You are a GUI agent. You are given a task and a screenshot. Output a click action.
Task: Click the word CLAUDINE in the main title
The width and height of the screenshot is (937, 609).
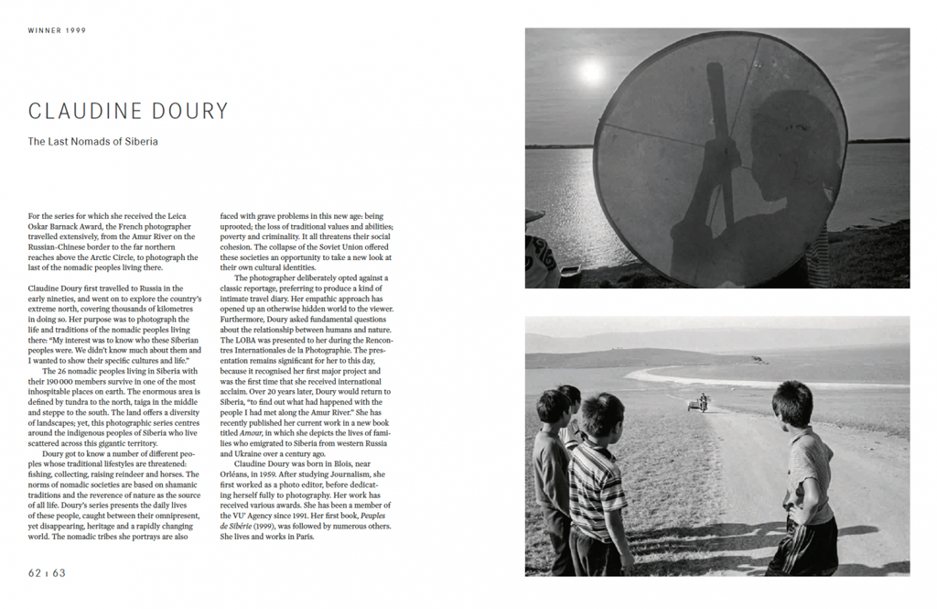[84, 112]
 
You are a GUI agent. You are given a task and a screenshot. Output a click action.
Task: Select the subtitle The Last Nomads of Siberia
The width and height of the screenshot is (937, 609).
[92, 142]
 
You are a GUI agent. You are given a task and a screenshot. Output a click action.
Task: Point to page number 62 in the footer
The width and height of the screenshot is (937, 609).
[36, 572]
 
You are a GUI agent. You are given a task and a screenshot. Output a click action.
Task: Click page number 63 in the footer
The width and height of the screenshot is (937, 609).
[58, 572]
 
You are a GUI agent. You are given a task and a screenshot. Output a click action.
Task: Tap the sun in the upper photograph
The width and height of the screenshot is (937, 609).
[592, 71]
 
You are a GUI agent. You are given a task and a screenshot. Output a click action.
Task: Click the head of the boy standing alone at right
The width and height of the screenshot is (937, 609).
[792, 404]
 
